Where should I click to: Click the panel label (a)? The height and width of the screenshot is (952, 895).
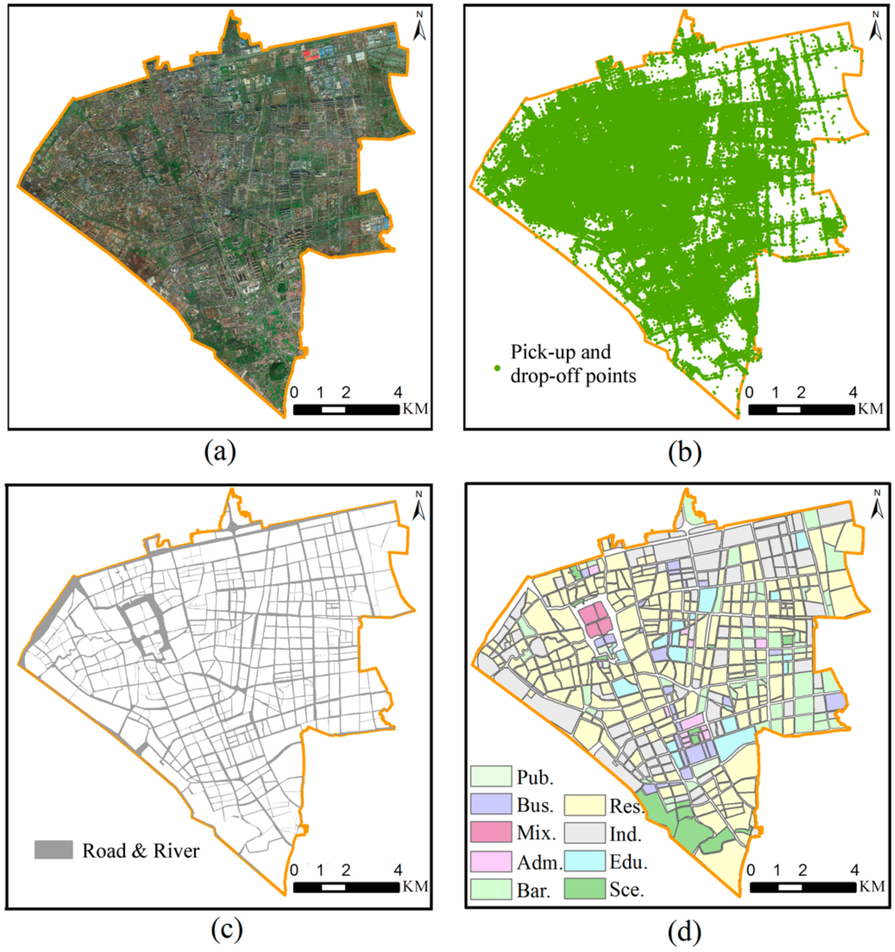220,451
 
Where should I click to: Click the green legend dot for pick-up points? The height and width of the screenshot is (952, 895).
497,368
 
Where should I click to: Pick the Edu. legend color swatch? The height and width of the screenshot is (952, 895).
584,861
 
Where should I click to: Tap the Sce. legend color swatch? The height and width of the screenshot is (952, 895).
584,889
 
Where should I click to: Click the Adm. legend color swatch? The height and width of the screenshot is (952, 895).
491,861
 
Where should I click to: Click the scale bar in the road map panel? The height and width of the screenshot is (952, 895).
346,887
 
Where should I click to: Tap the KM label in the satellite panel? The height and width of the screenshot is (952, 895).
415,408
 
